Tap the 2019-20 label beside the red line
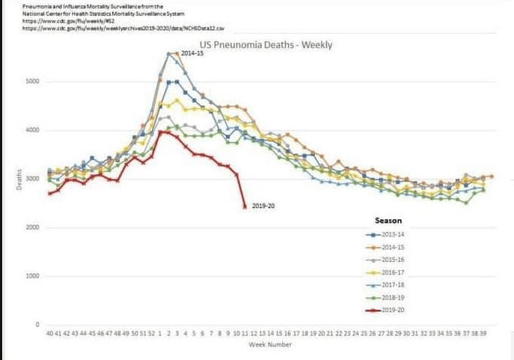(264, 206)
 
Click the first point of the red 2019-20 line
(49, 194)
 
